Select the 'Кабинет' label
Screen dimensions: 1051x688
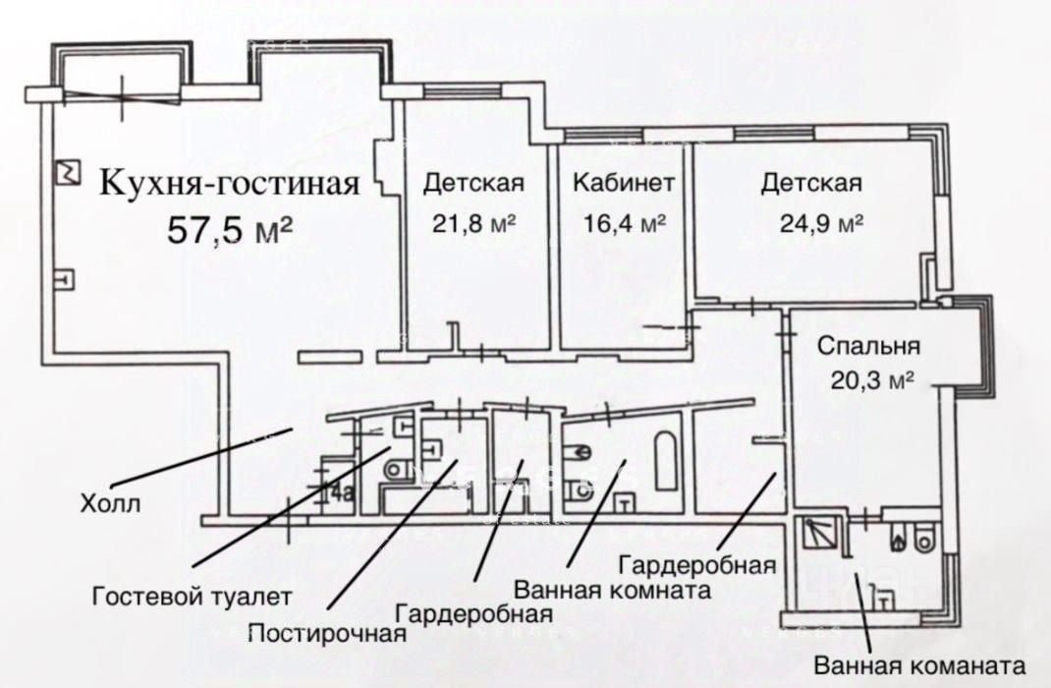[x=624, y=183]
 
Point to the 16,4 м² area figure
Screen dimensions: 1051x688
[x=625, y=223]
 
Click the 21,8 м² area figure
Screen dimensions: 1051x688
[x=474, y=223]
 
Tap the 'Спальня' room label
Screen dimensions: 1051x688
[x=868, y=346]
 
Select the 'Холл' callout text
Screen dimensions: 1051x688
[x=110, y=506]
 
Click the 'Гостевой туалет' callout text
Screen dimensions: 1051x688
[x=193, y=596]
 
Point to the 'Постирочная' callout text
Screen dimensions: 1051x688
[x=327, y=632]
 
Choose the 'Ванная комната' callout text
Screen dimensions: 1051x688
[x=612, y=591]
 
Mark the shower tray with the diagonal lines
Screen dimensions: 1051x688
[x=818, y=534]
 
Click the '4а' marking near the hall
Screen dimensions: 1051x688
[x=342, y=492]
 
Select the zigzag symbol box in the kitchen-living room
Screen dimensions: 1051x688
[x=67, y=172]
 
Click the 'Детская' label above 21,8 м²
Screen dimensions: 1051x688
[x=473, y=183]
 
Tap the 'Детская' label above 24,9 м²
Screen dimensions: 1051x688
[x=812, y=183]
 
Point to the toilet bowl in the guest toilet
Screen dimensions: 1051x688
[x=394, y=470]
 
